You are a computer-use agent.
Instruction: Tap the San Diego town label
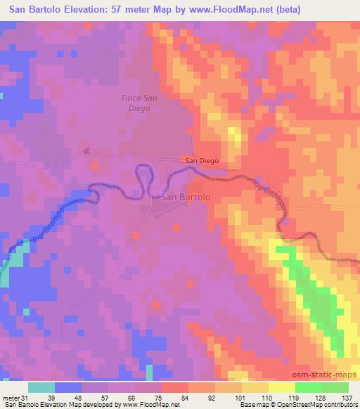tap(202, 161)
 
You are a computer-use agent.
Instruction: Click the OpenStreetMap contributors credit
tap(317, 404)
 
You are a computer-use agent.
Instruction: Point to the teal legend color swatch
tap(41, 387)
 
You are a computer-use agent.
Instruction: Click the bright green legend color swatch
tap(308, 387)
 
